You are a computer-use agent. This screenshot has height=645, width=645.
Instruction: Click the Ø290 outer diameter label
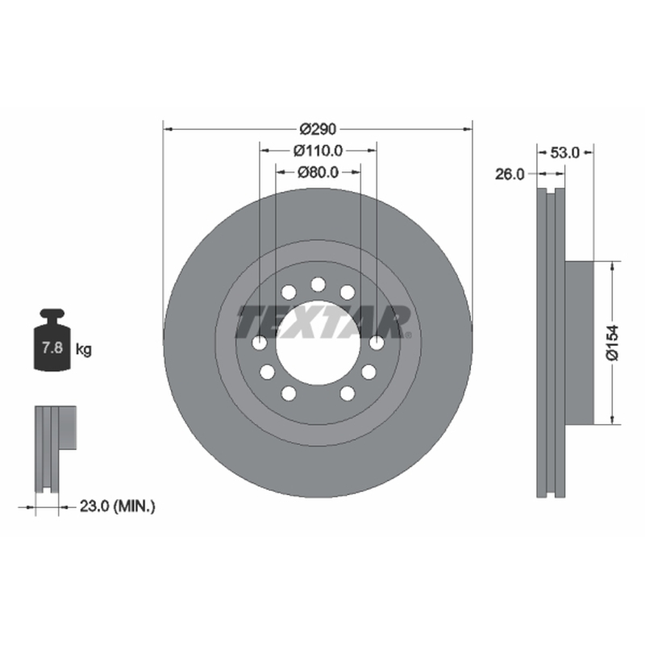[318, 129]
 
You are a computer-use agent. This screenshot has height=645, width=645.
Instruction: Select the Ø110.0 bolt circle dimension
[318, 151]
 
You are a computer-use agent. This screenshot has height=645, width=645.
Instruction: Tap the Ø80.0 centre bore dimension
[318, 172]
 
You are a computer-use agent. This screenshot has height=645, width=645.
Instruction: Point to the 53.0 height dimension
[565, 152]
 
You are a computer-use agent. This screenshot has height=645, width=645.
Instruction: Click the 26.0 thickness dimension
[510, 174]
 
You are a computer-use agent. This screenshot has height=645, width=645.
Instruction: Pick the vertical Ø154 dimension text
[613, 343]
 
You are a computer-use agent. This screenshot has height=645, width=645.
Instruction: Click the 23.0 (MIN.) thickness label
[117, 506]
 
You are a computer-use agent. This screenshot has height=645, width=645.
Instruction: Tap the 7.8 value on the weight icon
[52, 347]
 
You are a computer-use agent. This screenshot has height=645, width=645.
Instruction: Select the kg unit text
[84, 350]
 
